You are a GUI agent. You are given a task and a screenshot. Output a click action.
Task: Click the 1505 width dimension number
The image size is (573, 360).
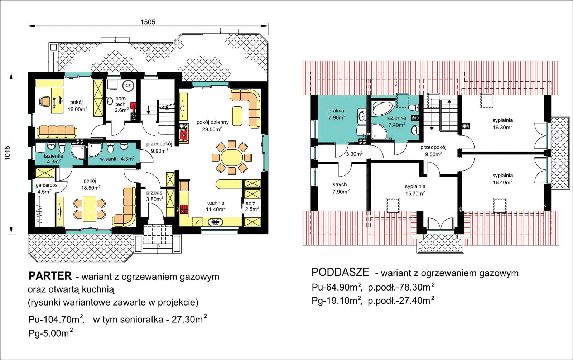click(148, 22)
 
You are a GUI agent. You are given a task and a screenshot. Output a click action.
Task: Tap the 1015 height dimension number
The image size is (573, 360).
click(8, 153)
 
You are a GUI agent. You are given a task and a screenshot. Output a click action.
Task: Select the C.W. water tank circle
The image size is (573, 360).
click(128, 86)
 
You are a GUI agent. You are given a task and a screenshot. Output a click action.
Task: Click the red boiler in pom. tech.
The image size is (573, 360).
click(133, 106)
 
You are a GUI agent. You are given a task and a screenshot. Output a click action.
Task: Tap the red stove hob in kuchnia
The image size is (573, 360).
click(184, 209)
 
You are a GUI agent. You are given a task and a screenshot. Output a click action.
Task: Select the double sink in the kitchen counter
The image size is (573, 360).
click(215, 222)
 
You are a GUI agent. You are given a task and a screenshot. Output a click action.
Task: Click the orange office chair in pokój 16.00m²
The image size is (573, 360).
click(45, 101)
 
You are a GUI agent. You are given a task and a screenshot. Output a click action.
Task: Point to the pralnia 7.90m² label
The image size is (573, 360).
click(336, 114)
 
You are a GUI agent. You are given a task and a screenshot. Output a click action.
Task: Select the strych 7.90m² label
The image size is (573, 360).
click(341, 188)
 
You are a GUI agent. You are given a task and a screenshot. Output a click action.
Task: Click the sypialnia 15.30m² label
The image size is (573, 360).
click(415, 190)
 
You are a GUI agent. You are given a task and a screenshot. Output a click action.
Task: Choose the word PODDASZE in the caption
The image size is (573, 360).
click(340, 272)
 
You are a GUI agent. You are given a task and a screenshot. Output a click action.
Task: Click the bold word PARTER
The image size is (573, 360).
click(50, 276)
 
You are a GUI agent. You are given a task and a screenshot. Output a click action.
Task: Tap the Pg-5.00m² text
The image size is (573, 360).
click(50, 333)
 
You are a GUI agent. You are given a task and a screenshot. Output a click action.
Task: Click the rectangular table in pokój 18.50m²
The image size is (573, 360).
click(90, 208)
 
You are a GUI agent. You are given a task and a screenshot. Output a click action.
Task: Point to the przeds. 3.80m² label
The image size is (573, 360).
click(154, 196)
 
